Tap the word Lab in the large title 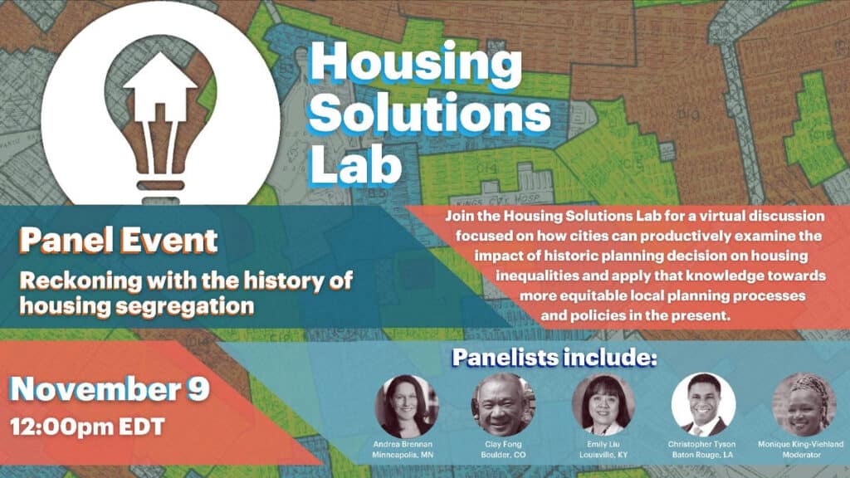point(355,164)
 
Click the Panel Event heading point(119,241)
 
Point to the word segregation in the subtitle point(185,307)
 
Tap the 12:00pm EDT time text point(87,427)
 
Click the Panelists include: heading point(554,357)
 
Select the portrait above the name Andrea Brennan point(407,407)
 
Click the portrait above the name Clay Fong point(504,405)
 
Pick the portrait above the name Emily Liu point(603,405)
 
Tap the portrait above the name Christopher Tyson point(703,405)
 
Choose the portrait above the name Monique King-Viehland point(804,405)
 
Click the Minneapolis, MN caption point(403,456)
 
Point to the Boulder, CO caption point(504,455)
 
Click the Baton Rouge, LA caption point(702,455)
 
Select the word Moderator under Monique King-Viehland point(802,455)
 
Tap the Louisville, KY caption point(603,455)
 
